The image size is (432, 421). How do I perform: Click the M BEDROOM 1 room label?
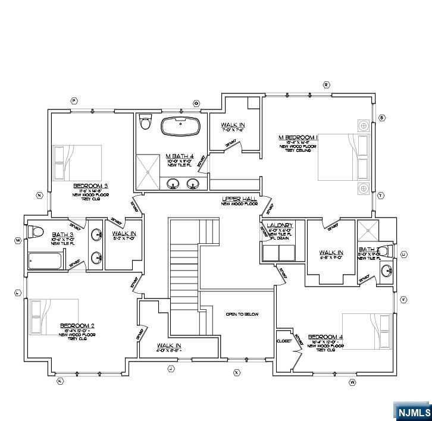pos(298,137)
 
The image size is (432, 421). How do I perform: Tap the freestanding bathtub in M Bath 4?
pos(180,127)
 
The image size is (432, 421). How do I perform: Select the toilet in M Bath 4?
pos(145,122)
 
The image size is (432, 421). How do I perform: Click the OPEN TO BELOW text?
pos(242,314)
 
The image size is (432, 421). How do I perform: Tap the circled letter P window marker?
pos(74,101)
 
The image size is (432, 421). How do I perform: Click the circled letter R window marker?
pos(326,85)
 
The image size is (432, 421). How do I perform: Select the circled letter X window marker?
pos(236,372)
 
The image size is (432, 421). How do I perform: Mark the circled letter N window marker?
pos(39,195)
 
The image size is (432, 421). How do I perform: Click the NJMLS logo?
pos(412,411)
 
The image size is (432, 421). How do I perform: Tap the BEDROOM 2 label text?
pos(77,326)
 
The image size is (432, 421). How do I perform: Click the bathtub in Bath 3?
pos(45,261)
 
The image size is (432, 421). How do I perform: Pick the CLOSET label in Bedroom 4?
pos(284,341)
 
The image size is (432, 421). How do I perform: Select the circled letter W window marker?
pos(352,382)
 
